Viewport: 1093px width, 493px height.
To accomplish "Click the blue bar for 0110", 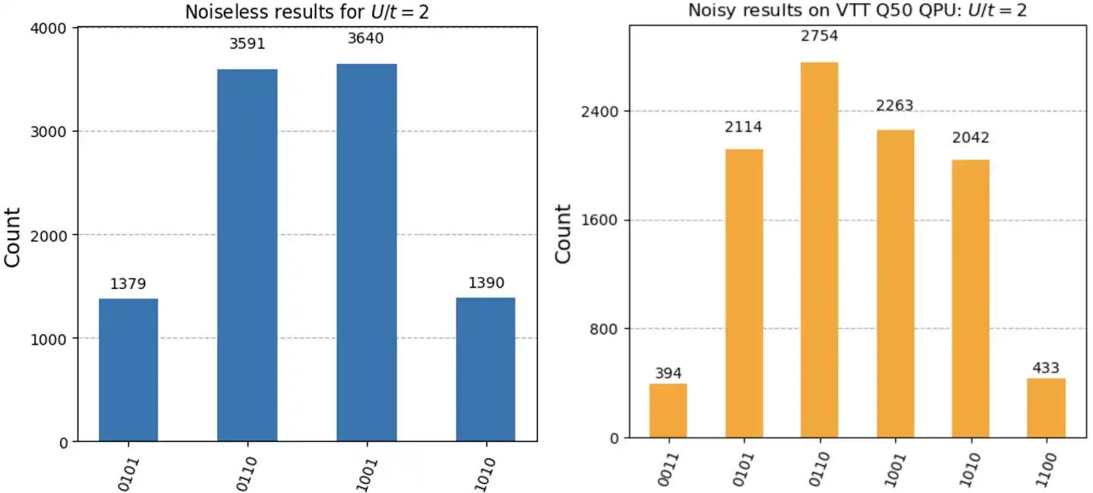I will [247, 255].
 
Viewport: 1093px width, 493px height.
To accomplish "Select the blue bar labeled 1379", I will [129, 370].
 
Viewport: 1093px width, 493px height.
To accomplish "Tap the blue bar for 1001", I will [366, 253].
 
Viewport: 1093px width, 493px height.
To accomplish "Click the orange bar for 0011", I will [668, 411].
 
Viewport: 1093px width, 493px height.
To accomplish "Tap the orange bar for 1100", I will [1046, 408].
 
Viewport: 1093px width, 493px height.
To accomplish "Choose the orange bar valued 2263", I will [895, 284].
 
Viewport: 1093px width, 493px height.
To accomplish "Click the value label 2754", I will [820, 36].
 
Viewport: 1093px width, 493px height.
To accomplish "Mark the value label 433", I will [1046, 368].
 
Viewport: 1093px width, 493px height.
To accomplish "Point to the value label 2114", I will [744, 127].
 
